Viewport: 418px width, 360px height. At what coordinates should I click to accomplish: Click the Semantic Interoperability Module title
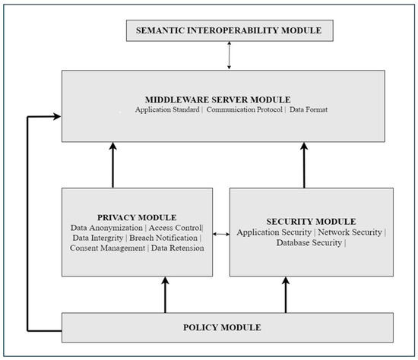click(x=229, y=30)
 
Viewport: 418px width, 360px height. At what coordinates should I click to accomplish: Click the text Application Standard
click(x=168, y=111)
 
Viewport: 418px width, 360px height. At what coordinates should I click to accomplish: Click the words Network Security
click(x=353, y=232)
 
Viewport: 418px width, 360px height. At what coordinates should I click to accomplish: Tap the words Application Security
click(x=276, y=232)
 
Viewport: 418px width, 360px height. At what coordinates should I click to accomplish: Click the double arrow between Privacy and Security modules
click(x=220, y=235)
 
